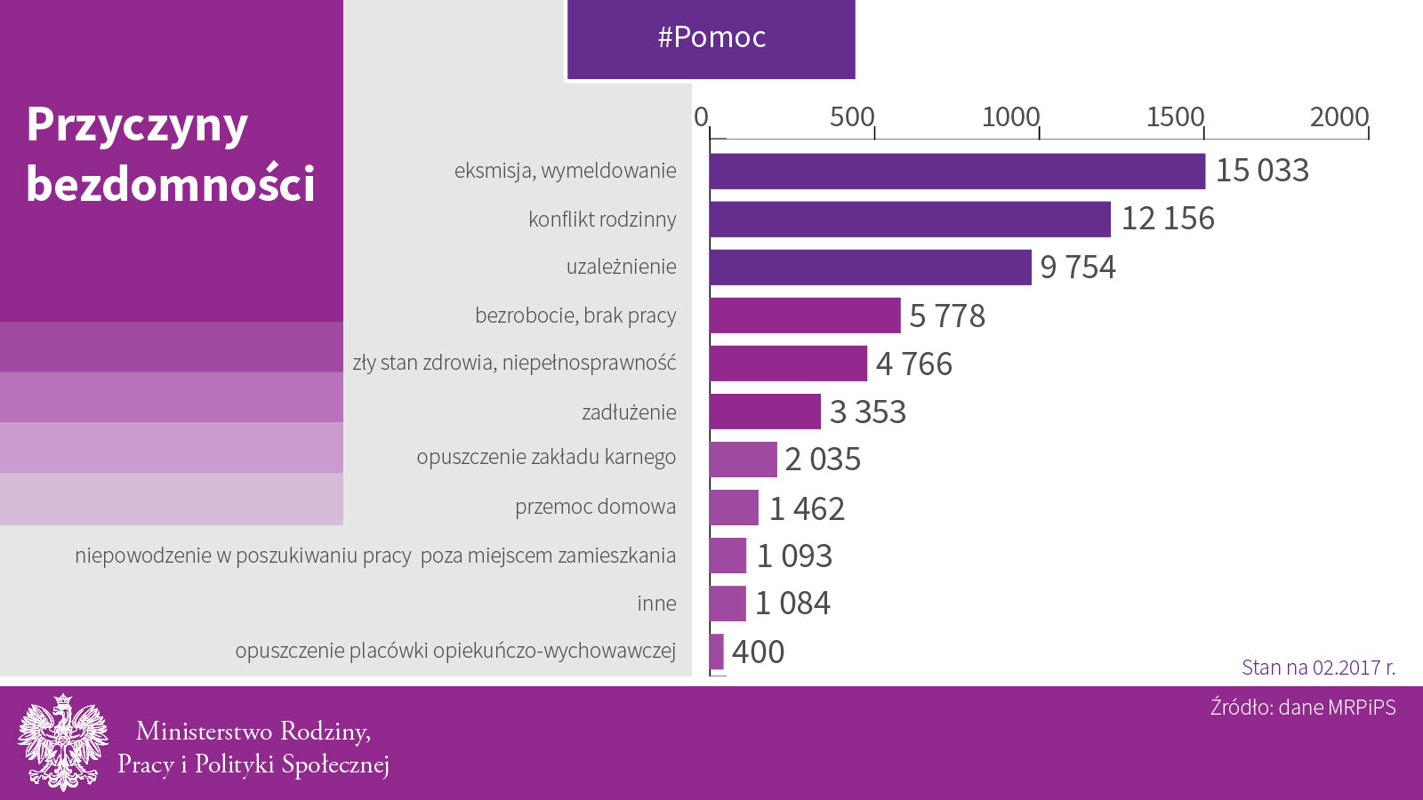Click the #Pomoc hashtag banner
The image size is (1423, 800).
pyautogui.click(x=711, y=38)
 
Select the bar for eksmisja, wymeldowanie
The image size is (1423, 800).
pyautogui.click(x=957, y=171)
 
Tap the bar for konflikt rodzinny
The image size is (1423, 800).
pyautogui.click(x=910, y=219)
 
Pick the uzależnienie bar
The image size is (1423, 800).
pyautogui.click(x=870, y=267)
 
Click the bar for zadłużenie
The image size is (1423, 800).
pyautogui.click(x=765, y=412)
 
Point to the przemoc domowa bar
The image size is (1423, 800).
pyautogui.click(x=734, y=508)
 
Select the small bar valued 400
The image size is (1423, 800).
pyautogui.click(x=717, y=652)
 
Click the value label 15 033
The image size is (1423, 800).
pyautogui.click(x=1262, y=171)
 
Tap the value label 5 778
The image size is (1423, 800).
pyautogui.click(x=947, y=316)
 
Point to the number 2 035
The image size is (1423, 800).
pyautogui.click(x=823, y=460)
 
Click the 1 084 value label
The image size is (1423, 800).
pyautogui.click(x=792, y=604)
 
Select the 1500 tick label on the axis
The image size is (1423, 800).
pyautogui.click(x=1175, y=117)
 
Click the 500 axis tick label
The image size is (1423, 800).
pyautogui.click(x=851, y=117)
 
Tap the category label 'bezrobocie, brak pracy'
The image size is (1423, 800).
pyautogui.click(x=575, y=316)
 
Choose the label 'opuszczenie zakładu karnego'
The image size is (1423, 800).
pyautogui.click(x=546, y=458)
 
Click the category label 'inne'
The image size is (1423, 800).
pyautogui.click(x=656, y=604)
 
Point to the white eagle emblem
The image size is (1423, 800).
pyautogui.click(x=62, y=742)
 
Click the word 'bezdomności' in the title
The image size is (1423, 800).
pyautogui.click(x=171, y=184)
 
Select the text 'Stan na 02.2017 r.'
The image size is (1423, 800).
pyautogui.click(x=1318, y=668)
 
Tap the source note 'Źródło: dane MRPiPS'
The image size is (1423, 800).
pyautogui.click(x=1303, y=708)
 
